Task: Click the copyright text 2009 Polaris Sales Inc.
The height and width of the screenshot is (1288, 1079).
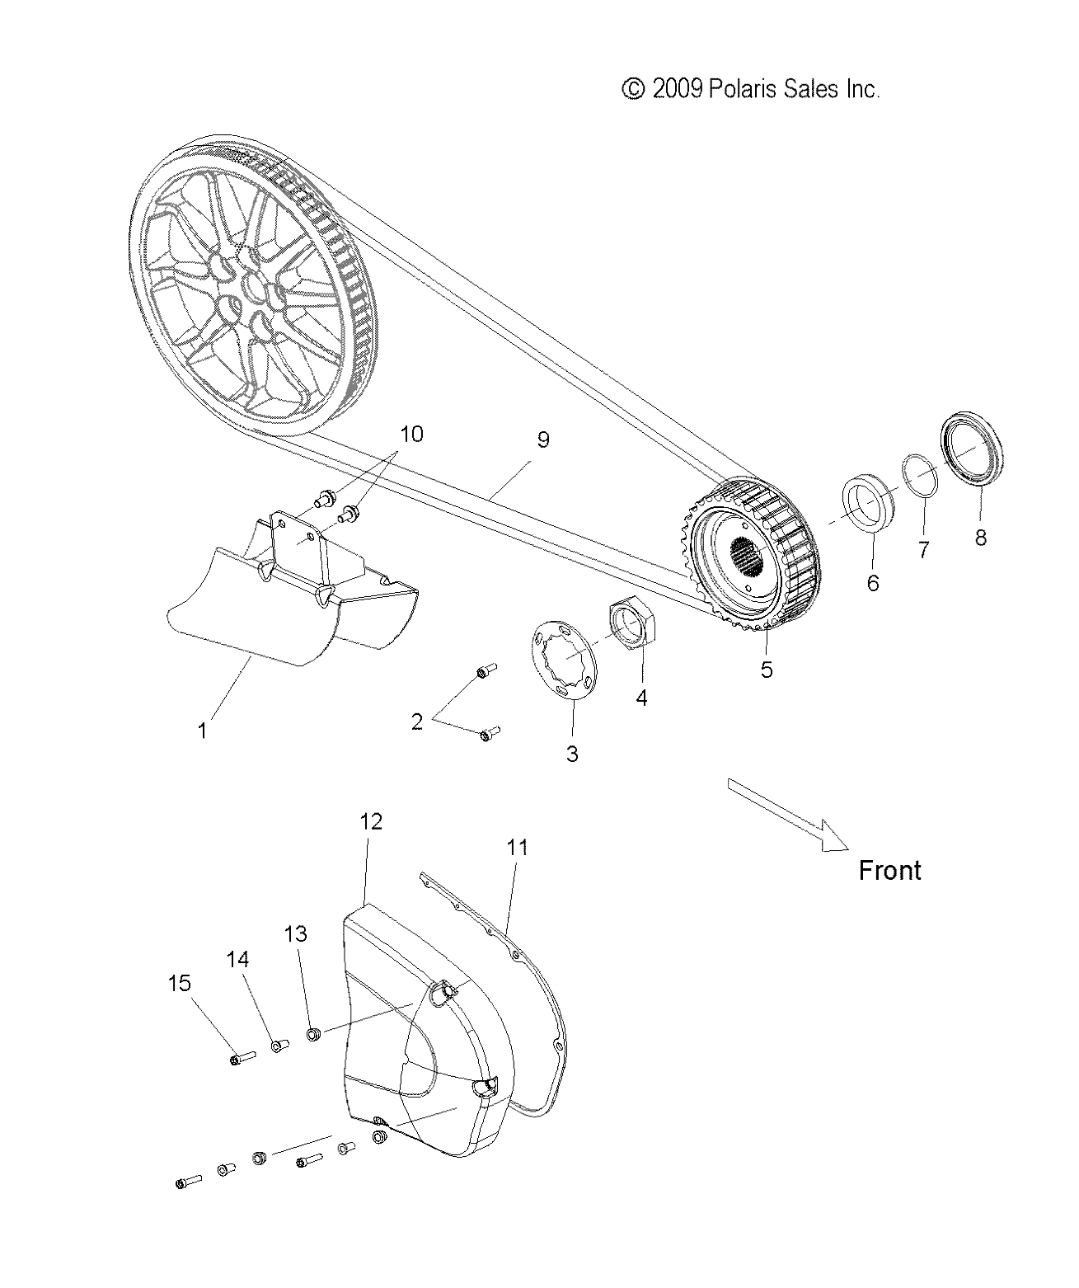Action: [x=750, y=89]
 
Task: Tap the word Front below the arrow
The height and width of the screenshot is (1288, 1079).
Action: [x=889, y=871]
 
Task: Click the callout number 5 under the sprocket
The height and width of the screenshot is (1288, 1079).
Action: [x=766, y=670]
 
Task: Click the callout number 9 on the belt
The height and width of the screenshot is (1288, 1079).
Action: [x=542, y=440]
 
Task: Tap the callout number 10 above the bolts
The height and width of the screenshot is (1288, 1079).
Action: [x=411, y=434]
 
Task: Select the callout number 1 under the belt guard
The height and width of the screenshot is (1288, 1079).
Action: [x=202, y=731]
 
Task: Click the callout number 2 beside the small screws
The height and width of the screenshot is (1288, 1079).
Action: [x=417, y=722]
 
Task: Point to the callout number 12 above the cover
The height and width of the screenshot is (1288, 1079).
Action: [x=371, y=822]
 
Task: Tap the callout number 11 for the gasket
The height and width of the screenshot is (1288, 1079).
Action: [x=517, y=848]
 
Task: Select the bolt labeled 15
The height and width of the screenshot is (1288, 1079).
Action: [x=238, y=1058]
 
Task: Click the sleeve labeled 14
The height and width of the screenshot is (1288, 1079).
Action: [x=278, y=1046]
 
